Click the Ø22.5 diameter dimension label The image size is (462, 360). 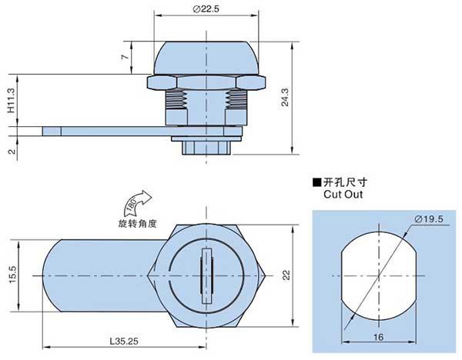click(206, 9)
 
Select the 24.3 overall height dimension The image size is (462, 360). click(285, 97)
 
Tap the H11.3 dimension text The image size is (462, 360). click(11, 100)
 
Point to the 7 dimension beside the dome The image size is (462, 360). click(126, 56)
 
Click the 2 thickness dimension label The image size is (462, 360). click(12, 152)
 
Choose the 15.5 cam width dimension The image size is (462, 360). click(13, 275)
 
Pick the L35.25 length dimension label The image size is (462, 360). click(124, 342)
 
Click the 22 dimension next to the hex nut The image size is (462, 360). click(286, 275)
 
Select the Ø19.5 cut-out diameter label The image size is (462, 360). click(429, 219)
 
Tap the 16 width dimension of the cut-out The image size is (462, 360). click(378, 337)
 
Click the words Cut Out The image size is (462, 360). click(343, 195)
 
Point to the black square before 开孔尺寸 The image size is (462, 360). click(316, 182)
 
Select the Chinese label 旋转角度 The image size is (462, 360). click(138, 224)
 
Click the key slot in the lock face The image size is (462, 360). click(206, 275)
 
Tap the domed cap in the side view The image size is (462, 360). click(206, 58)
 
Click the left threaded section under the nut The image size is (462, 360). click(176, 99)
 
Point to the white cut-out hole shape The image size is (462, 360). click(379, 276)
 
